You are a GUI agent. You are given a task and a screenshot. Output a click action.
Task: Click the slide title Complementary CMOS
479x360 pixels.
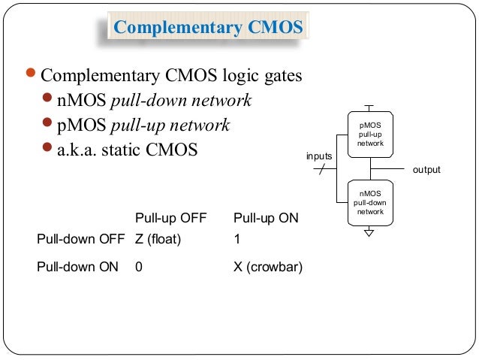[207, 29]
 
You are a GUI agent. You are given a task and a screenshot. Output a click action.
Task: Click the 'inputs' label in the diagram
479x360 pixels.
[319, 156]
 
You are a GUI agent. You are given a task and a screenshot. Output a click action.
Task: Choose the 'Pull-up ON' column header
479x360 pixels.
[266, 219]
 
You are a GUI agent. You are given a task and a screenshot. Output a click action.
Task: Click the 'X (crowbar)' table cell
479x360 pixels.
[268, 266]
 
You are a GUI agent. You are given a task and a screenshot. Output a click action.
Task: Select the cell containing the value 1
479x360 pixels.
[237, 240]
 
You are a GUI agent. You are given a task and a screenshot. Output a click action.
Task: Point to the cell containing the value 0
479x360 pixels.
[139, 266]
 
